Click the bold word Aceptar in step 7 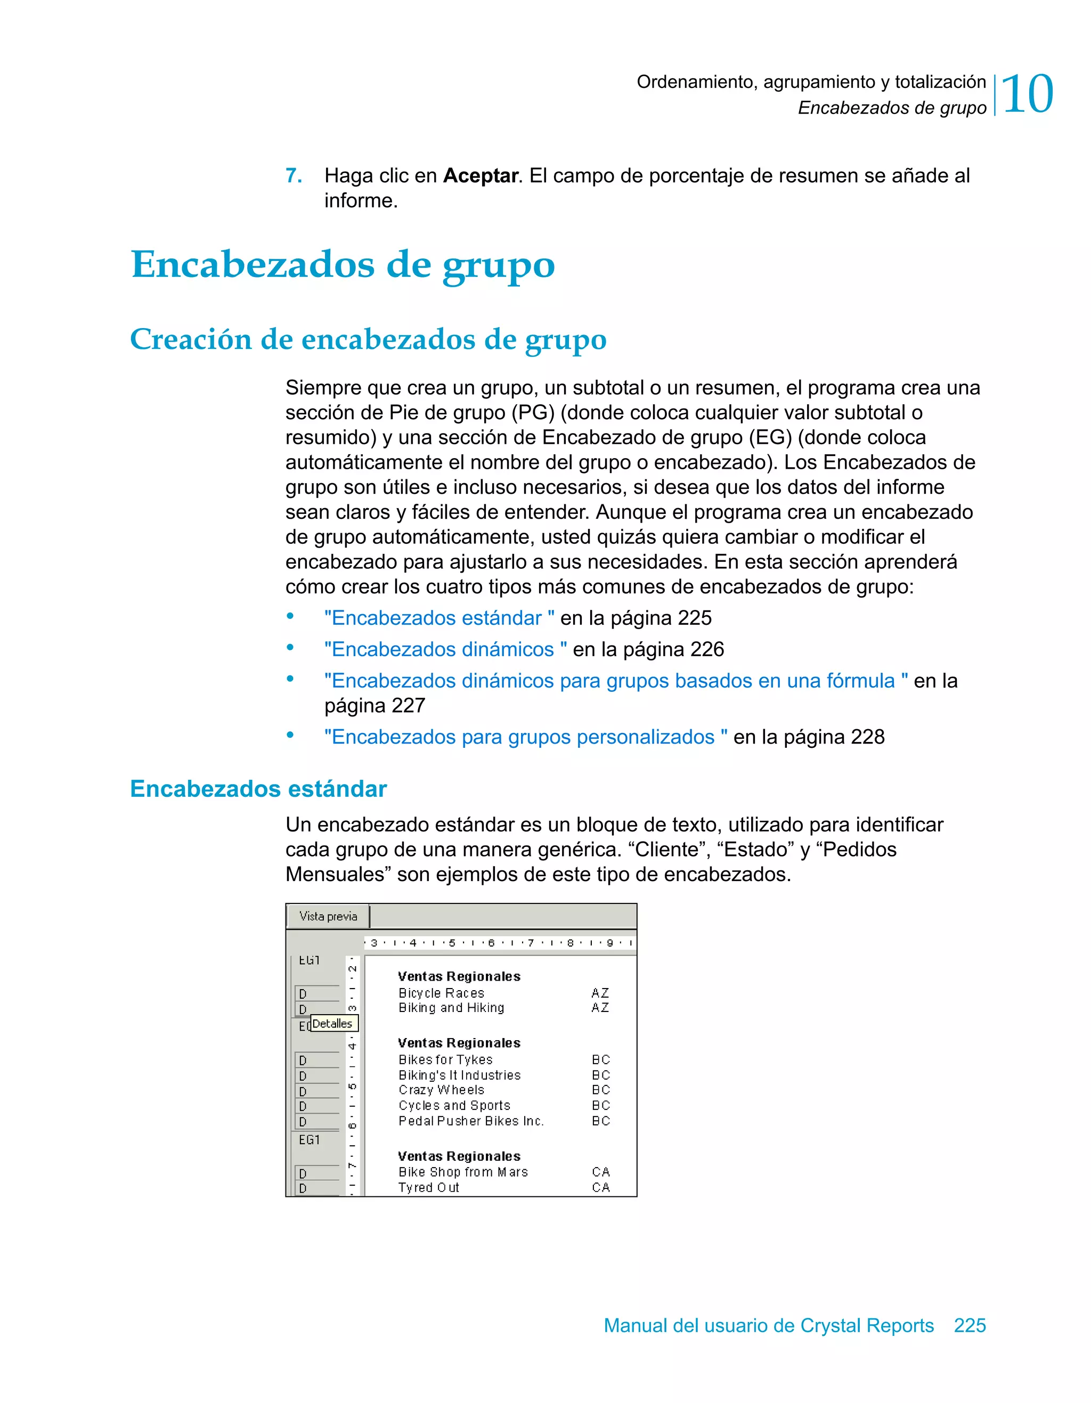[481, 175]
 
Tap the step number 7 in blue [294, 175]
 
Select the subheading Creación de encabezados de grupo [368, 339]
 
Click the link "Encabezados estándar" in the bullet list [439, 618]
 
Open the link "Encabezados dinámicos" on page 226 [445, 649]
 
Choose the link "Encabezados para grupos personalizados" [526, 737]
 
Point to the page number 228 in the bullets [867, 737]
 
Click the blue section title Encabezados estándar [258, 789]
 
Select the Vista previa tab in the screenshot [328, 916]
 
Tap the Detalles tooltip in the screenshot [333, 1023]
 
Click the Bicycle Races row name [442, 993]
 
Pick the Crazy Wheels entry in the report [442, 1090]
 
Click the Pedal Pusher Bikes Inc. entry [471, 1121]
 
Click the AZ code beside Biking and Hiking [600, 1008]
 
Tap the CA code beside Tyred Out [601, 1188]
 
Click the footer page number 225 [970, 1325]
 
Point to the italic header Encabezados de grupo [892, 108]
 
